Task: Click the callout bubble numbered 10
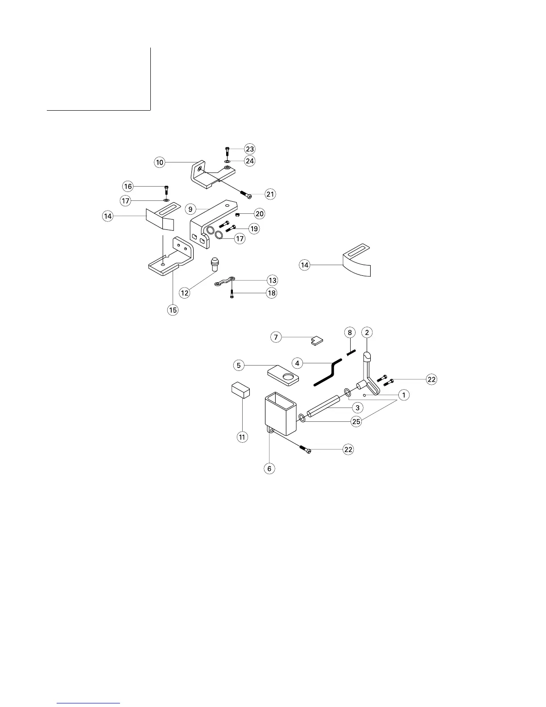[x=160, y=162]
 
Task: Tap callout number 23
[x=250, y=149]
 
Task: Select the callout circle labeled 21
[x=270, y=194]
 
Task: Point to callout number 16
[x=128, y=186]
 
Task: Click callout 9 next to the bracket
[x=190, y=209]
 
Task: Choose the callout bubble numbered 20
[x=259, y=214]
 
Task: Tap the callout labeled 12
[x=184, y=293]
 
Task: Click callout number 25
[x=356, y=421]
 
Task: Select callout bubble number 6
[x=269, y=468]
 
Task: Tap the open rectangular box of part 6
[x=280, y=413]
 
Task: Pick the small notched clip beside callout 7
[x=316, y=341]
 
